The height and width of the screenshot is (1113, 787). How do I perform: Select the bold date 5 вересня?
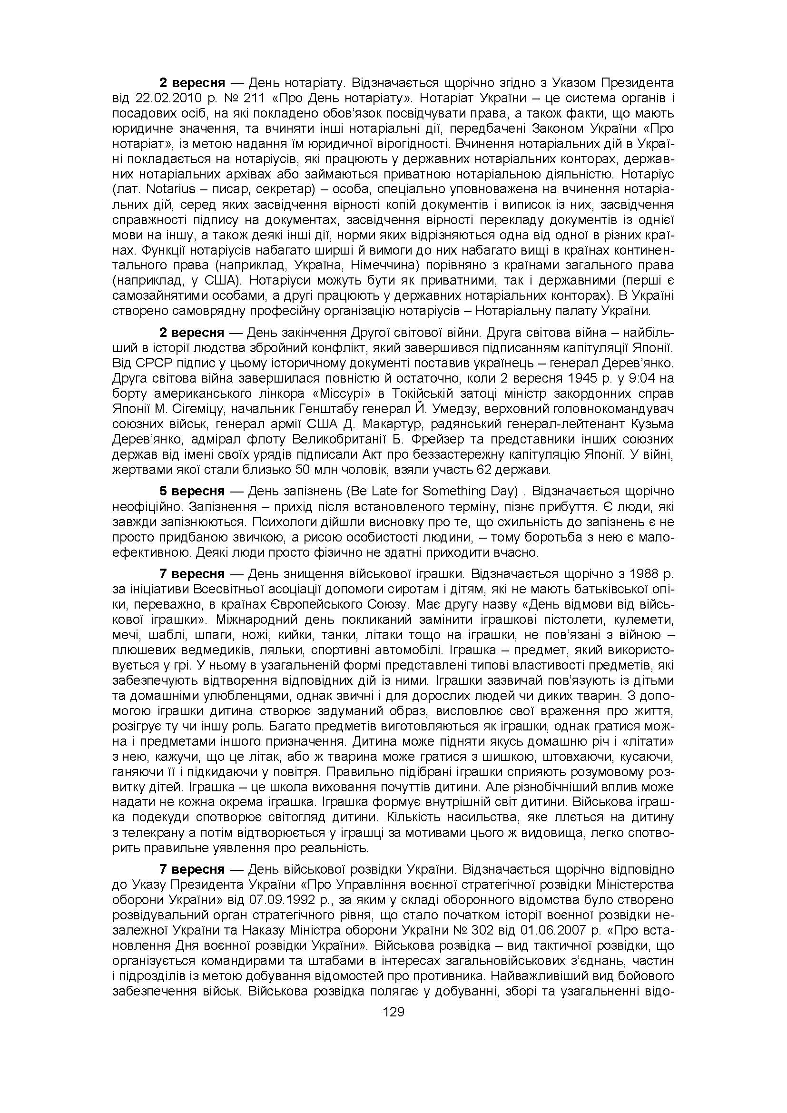pyautogui.click(x=192, y=492)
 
